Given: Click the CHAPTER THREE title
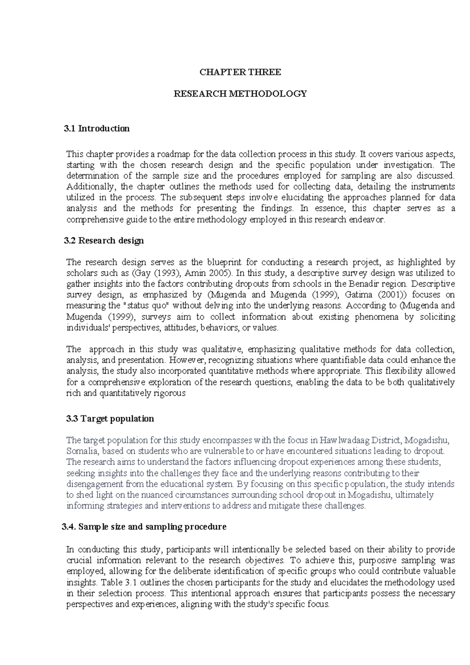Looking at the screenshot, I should pos(240,72).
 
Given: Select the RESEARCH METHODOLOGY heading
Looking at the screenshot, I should pos(240,94).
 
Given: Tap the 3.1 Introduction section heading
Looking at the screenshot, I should pos(96,129).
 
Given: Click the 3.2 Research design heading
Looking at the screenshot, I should pos(104,240).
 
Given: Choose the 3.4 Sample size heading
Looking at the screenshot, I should pos(144,527).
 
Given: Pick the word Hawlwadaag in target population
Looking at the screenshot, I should pos(345,440).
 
